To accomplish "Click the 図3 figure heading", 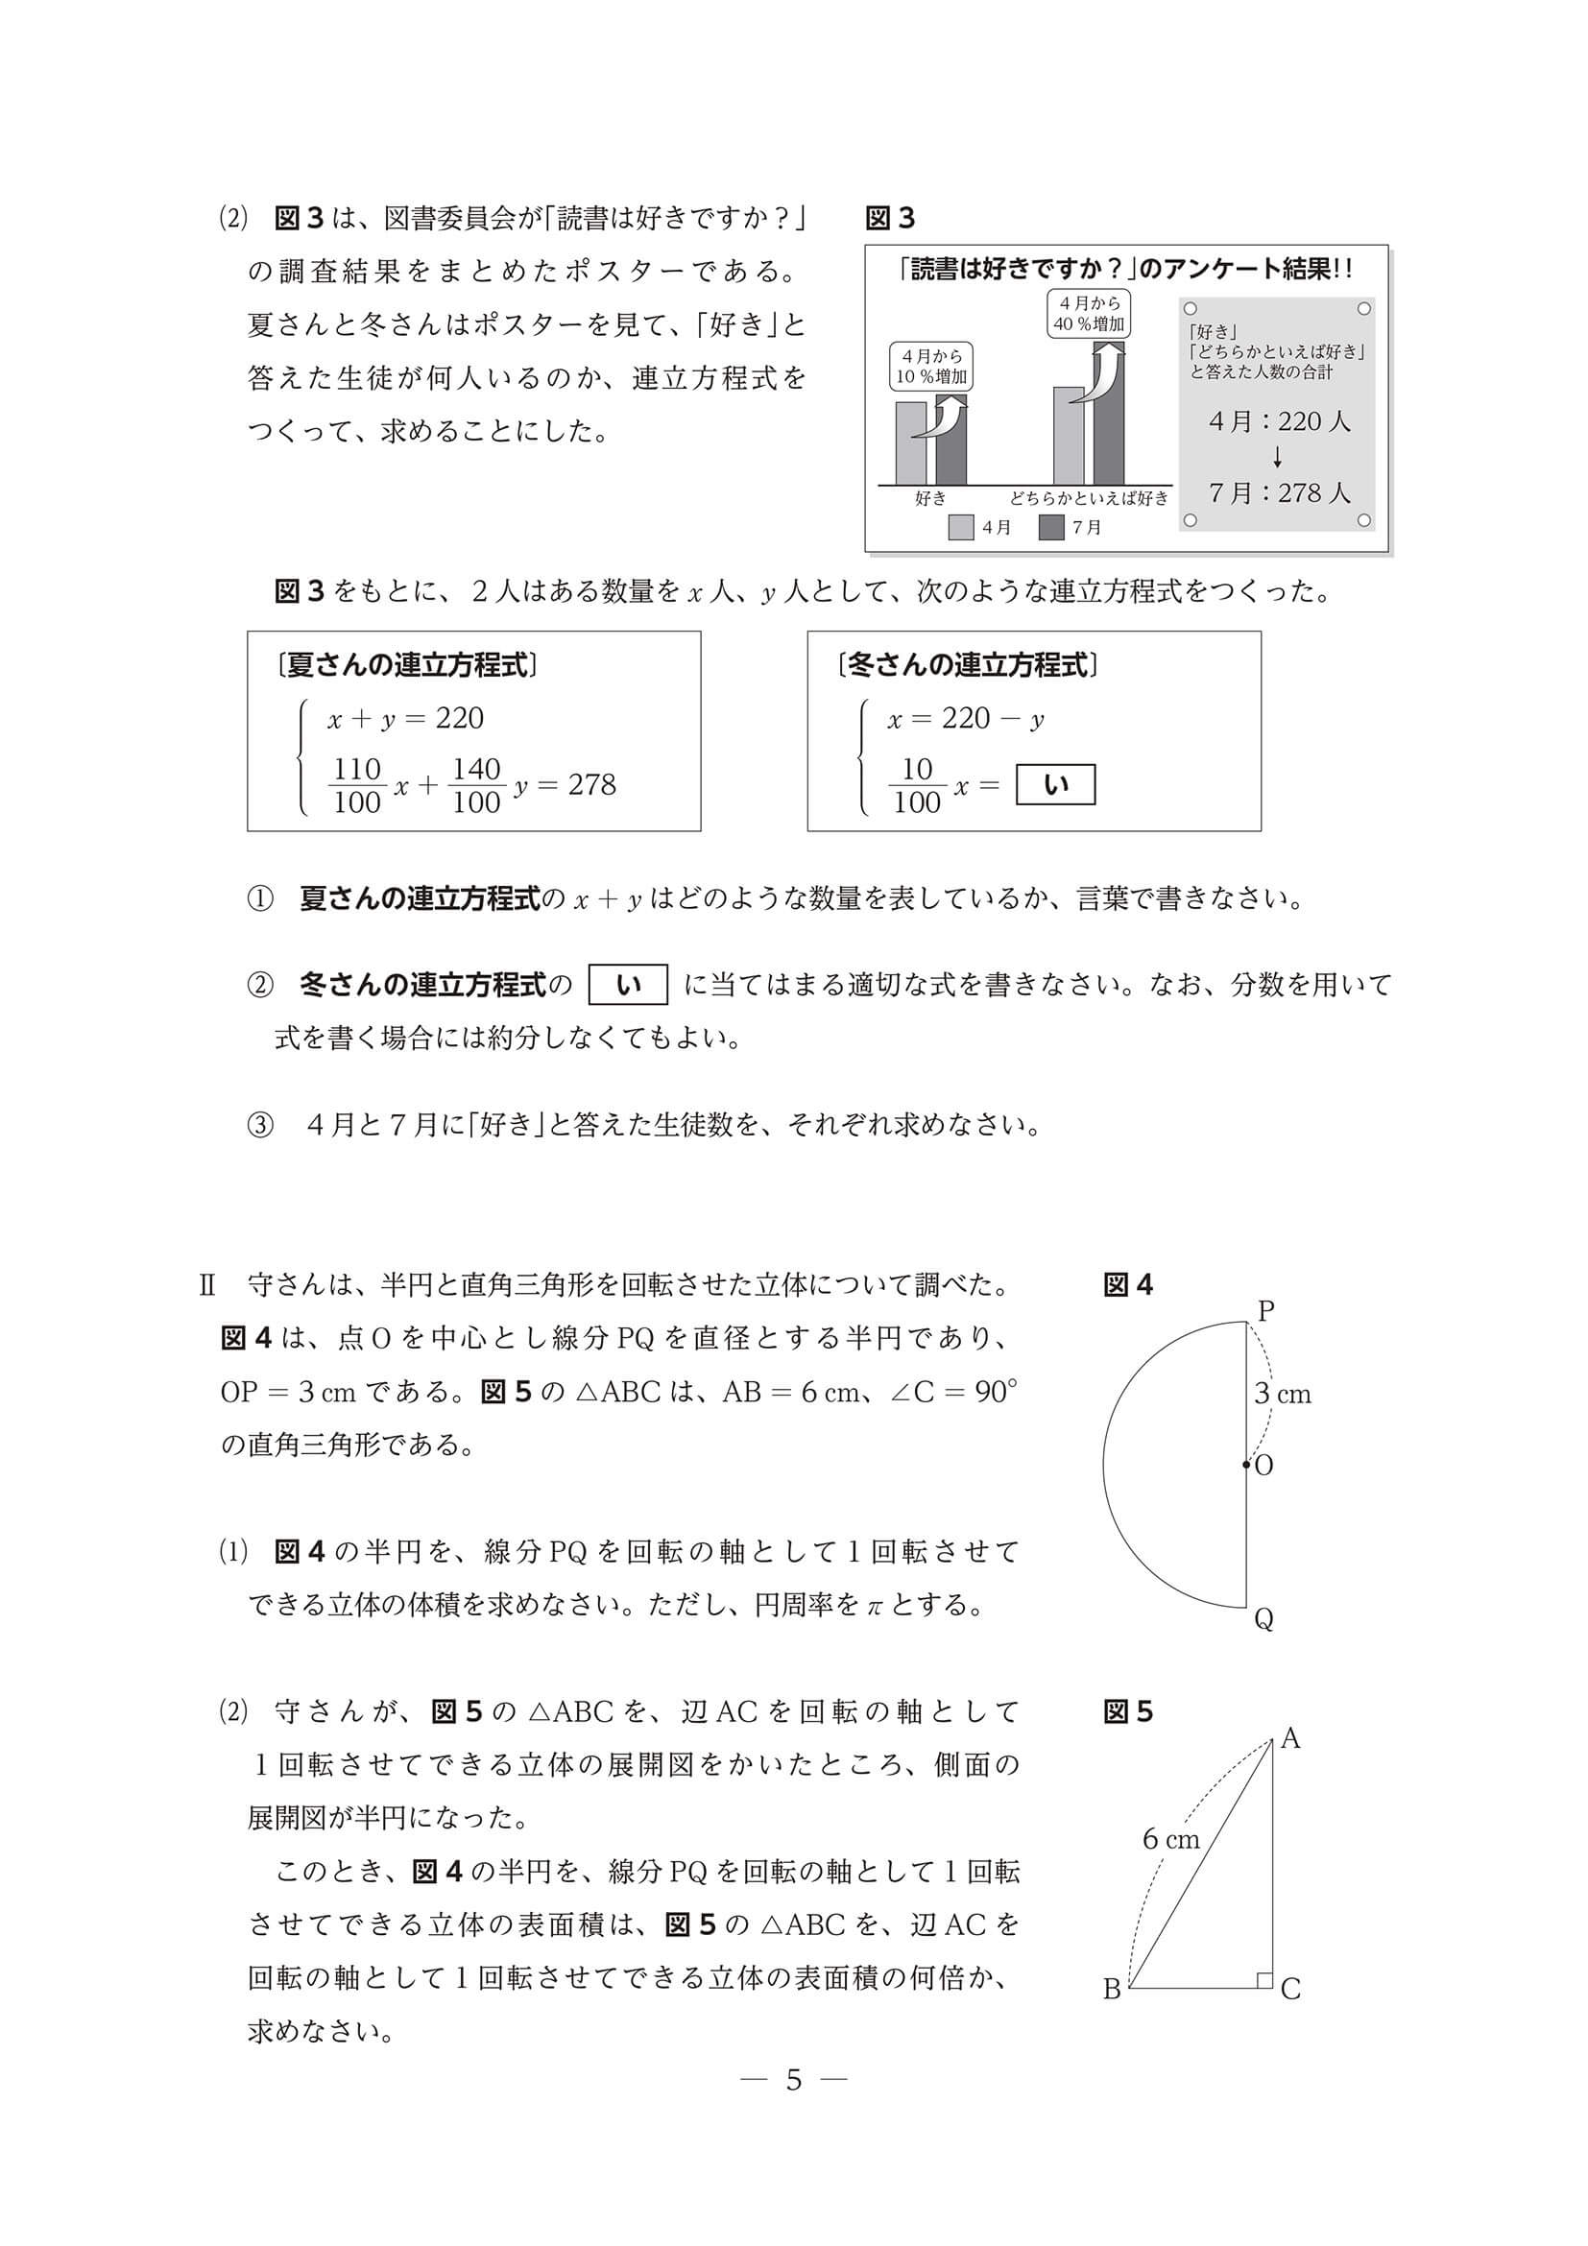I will coord(889,218).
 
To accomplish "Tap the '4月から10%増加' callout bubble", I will coord(931,366).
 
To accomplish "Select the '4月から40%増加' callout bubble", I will coord(1088,313).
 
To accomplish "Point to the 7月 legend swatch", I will coord(1051,527).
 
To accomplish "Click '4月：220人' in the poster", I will coord(1279,421).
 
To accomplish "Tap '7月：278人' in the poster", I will coord(1279,493).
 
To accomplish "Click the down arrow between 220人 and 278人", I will coord(1278,457).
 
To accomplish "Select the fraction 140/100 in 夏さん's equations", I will coord(476,785).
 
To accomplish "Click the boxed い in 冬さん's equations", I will coord(1055,785).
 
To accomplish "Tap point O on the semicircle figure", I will coord(1246,1465).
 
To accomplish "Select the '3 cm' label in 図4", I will coord(1283,1394).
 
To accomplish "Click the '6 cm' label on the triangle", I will coord(1170,1839).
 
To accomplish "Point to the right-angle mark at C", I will coord(1264,1980).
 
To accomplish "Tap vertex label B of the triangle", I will coord(1112,1990).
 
